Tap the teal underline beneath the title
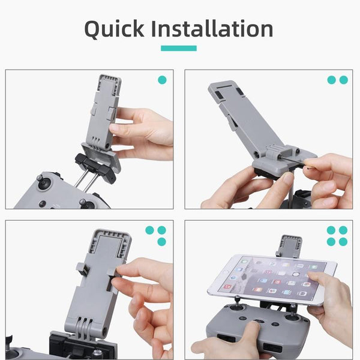click(x=179, y=49)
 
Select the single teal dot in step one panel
click(x=162, y=80)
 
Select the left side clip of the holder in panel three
click(x=83, y=271)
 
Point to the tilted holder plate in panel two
click(x=240, y=114)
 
